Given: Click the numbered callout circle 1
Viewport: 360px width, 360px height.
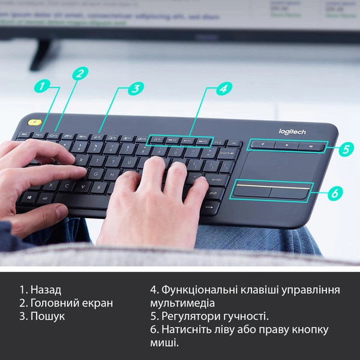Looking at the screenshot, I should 41,86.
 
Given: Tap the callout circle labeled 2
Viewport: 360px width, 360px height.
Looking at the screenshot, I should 80,73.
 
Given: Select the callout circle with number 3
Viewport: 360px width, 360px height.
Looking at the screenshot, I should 136,88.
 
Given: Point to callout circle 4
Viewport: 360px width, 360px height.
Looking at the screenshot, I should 223,88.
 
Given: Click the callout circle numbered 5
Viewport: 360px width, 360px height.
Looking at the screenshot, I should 346,149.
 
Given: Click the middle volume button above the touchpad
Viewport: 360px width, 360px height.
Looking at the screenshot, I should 287,145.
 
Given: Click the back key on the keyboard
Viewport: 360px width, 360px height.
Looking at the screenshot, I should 227,154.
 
